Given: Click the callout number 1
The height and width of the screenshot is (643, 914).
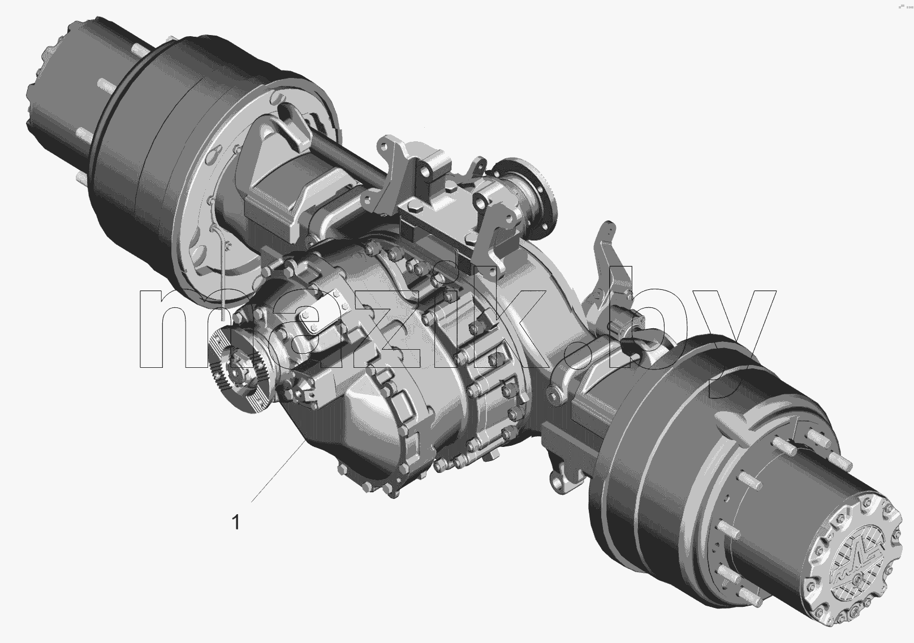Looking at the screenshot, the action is click(236, 523).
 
